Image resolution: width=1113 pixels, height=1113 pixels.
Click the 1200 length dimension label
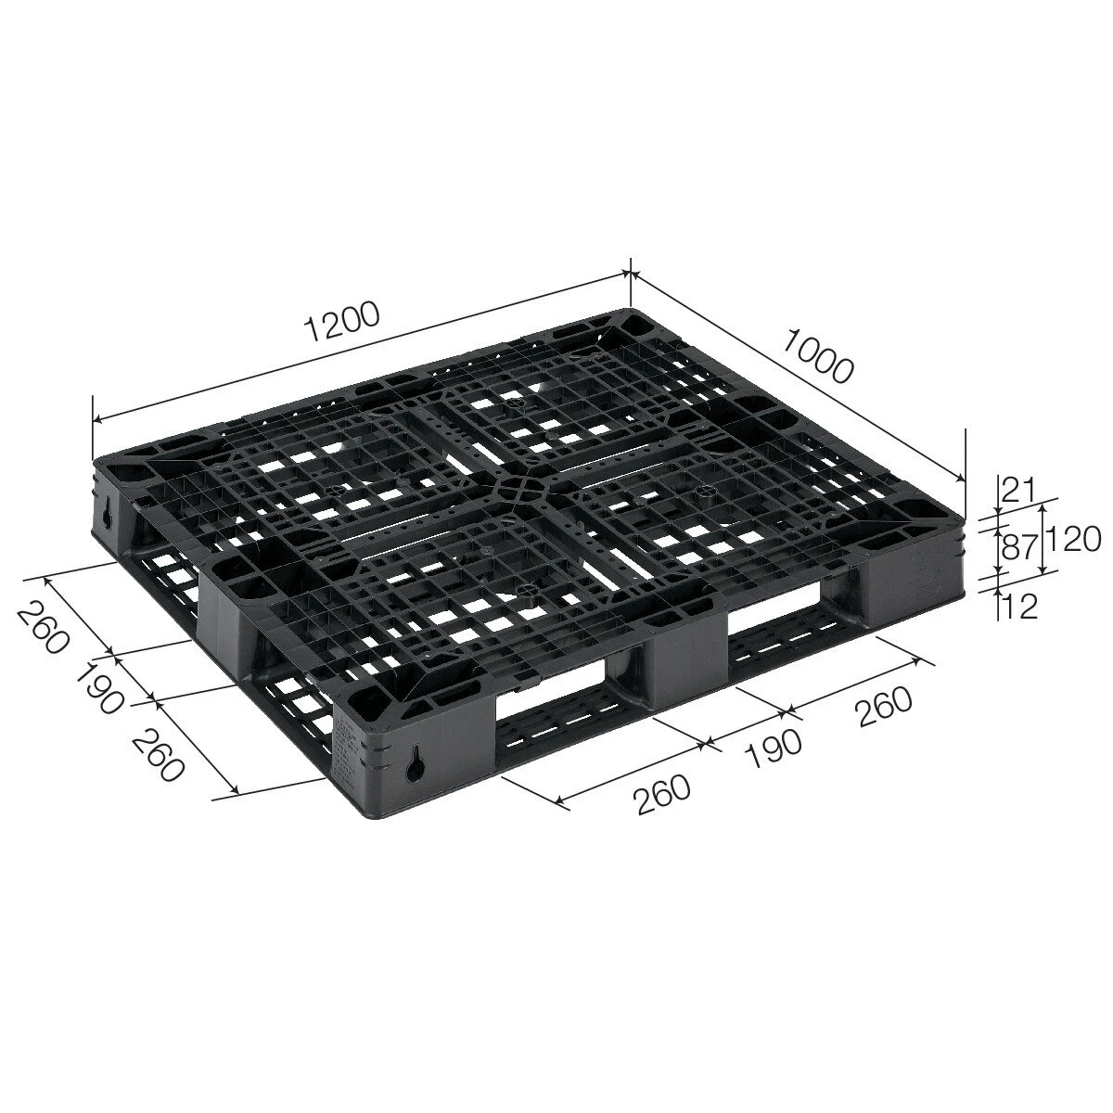click(x=342, y=321)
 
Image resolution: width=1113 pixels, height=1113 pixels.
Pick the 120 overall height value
click(x=1072, y=541)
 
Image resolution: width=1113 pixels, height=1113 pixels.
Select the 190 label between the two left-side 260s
click(x=98, y=688)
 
